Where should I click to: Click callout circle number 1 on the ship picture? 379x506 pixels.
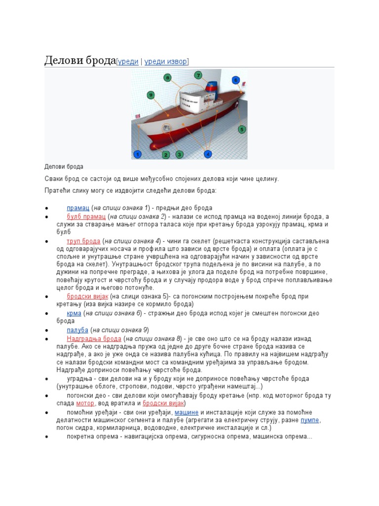click(x=138, y=155)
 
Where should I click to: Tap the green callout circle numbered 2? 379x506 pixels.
click(x=166, y=155)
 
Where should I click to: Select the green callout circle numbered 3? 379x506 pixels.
click(x=180, y=155)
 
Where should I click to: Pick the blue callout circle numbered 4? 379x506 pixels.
click(x=208, y=154)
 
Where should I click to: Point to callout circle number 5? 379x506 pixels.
click(x=242, y=129)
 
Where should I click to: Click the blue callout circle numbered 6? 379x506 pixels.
click(x=236, y=80)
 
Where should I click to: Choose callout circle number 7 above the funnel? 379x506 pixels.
click(x=198, y=76)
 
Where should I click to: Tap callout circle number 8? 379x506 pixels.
click(x=168, y=78)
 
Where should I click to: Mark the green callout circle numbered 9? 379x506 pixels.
click(x=151, y=95)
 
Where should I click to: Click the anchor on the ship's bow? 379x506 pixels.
click(x=167, y=127)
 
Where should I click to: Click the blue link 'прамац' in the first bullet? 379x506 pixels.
click(x=77, y=208)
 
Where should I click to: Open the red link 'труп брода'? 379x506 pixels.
click(x=83, y=241)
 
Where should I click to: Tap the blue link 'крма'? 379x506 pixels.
click(x=74, y=314)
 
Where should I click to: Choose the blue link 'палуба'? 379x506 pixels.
click(x=77, y=330)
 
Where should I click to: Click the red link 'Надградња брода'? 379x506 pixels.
click(x=94, y=338)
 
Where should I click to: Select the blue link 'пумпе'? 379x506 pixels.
click(x=310, y=420)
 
